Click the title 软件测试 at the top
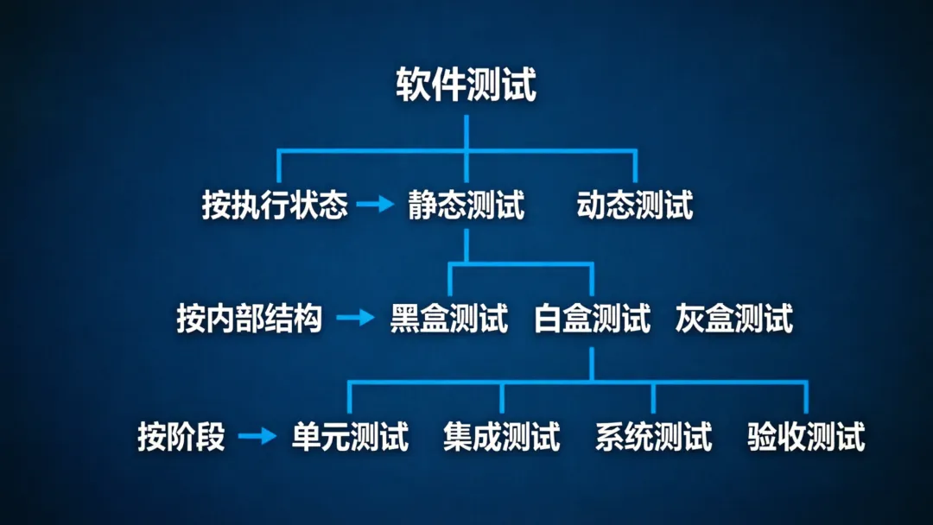[466, 85]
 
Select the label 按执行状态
[275, 206]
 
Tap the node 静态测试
[466, 206]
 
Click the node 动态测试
[635, 206]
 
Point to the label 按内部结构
[250, 319]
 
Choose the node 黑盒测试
[449, 319]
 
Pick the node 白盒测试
[592, 319]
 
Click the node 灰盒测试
[734, 319]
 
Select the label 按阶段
[181, 436]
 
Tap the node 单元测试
[350, 436]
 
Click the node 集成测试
[502, 436]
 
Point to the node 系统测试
[653, 436]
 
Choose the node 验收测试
[806, 436]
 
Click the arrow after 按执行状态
[374, 206]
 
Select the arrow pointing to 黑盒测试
[354, 318]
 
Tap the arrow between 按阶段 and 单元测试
[257, 435]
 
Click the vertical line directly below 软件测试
[466, 131]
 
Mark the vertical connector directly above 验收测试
[806, 397]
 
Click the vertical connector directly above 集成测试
[502, 397]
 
